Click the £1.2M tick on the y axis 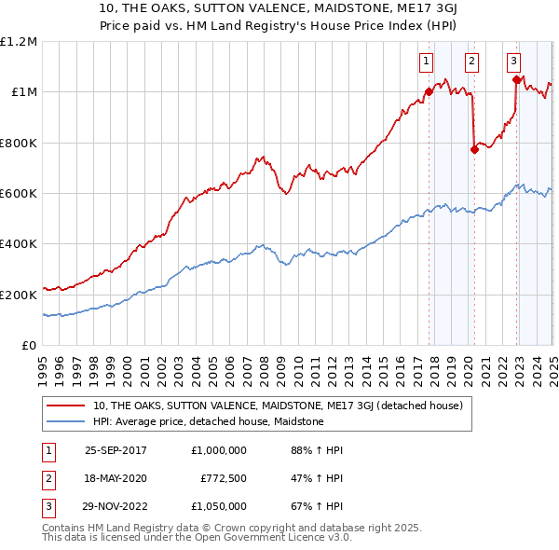tap(19, 42)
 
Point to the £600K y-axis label tap(19, 194)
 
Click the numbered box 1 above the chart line tap(426, 62)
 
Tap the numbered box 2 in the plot tap(471, 62)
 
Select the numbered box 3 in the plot tap(513, 62)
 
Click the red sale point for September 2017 tap(429, 91)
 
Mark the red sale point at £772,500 tap(474, 149)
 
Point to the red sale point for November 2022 tap(517, 79)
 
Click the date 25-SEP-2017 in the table tap(116, 450)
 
